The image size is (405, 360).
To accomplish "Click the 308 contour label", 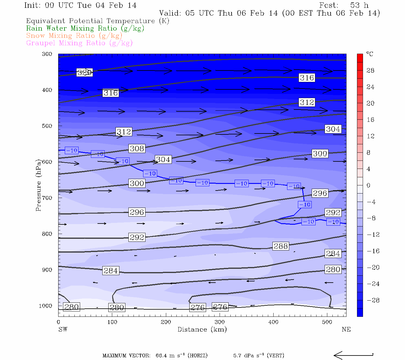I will pyautogui.click(x=137, y=148).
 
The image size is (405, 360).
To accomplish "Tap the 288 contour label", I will pyautogui.click(x=281, y=246).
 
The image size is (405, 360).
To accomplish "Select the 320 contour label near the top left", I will pyautogui.click(x=84, y=72).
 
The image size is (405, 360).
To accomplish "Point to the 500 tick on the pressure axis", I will pyautogui.click(x=47, y=126).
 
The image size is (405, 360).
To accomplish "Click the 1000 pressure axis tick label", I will pyautogui.click(x=45, y=306).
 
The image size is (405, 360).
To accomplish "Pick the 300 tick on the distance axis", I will pyautogui.click(x=220, y=322).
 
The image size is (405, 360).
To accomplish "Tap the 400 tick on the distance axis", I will pyautogui.click(x=273, y=322).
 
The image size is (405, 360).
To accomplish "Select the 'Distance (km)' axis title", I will pyautogui.click(x=202, y=329).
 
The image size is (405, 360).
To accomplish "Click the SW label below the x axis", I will pyautogui.click(x=63, y=329).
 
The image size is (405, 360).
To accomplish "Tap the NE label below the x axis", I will pyautogui.click(x=346, y=329).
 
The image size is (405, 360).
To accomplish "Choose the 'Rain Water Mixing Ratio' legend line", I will pyautogui.click(x=85, y=28).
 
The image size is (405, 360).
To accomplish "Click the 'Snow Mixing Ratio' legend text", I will pyautogui.click(x=74, y=36).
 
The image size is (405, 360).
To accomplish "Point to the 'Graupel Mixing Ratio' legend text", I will pyautogui.click(x=79, y=43).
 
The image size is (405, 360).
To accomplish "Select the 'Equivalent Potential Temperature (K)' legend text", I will pyautogui.click(x=97, y=21).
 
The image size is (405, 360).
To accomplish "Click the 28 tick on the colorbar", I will pyautogui.click(x=370, y=70).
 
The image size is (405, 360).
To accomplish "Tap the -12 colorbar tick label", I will pyautogui.click(x=373, y=235).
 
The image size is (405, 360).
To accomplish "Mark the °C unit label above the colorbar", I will pyautogui.click(x=370, y=54).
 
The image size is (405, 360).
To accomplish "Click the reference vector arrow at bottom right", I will pyautogui.click(x=353, y=355).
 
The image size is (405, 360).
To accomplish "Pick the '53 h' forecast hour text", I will pyautogui.click(x=359, y=5).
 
